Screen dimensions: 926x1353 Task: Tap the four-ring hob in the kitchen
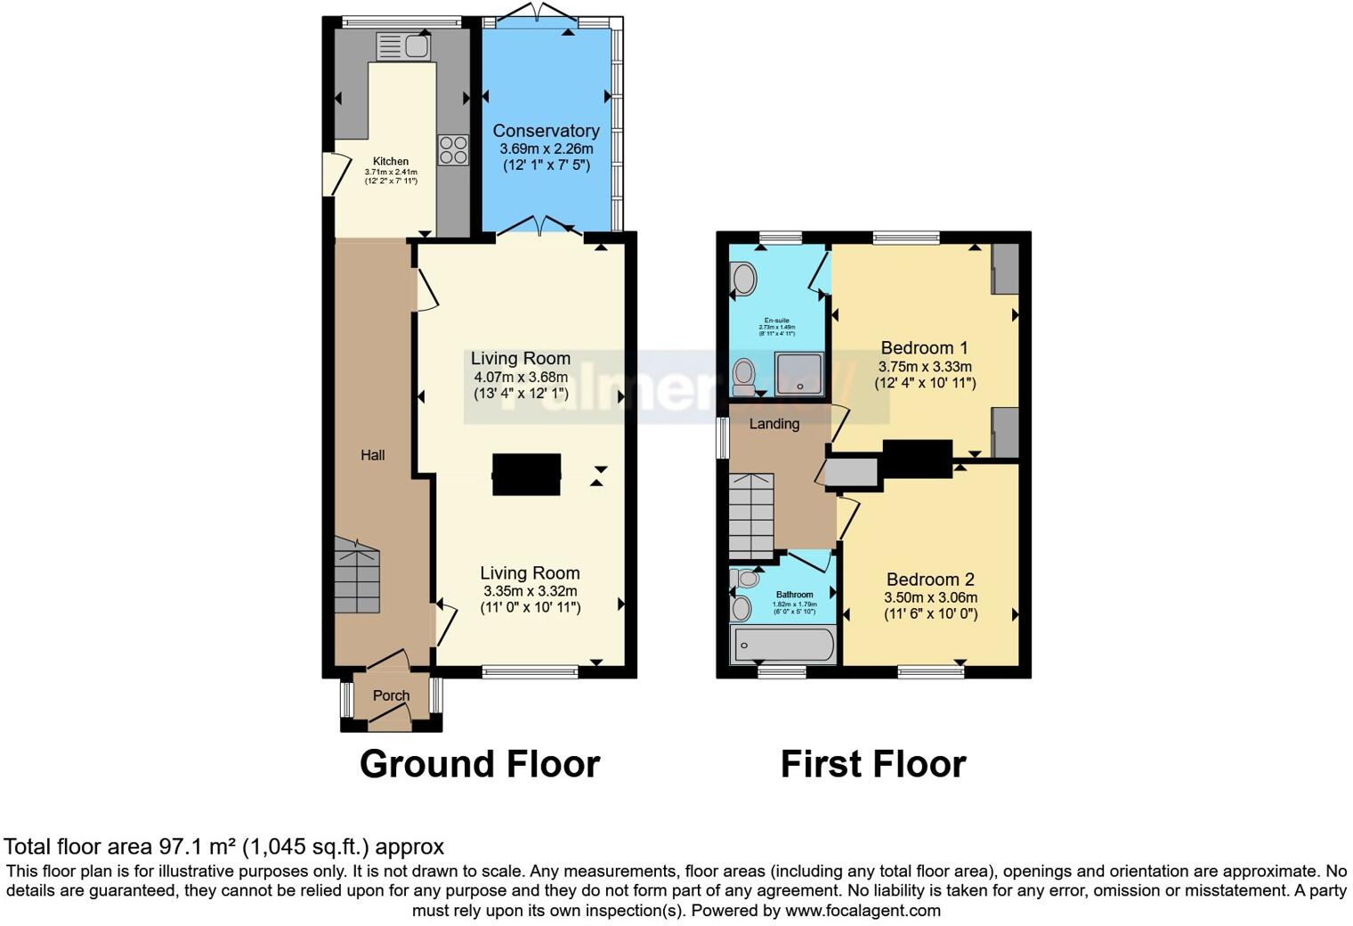[453, 150]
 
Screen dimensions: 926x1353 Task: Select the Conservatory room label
[546, 131]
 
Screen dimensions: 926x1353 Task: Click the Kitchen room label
[391, 162]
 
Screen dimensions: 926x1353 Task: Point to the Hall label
[372, 455]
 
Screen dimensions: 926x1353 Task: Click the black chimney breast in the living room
[526, 475]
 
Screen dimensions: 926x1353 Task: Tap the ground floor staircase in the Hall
[357, 576]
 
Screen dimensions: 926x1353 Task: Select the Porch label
[391, 695]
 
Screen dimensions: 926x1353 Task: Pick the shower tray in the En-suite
[798, 373]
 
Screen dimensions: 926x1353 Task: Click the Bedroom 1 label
[924, 347]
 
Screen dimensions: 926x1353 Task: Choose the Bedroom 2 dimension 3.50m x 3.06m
[930, 597]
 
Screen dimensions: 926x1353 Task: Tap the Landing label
[774, 424]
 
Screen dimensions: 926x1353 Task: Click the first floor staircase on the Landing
[751, 515]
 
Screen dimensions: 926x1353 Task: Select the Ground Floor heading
[480, 764]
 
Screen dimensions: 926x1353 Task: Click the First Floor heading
[872, 764]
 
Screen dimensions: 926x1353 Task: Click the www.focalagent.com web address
[863, 910]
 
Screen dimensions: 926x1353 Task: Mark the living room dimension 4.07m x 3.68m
[521, 377]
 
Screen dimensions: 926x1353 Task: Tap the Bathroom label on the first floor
[794, 595]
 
